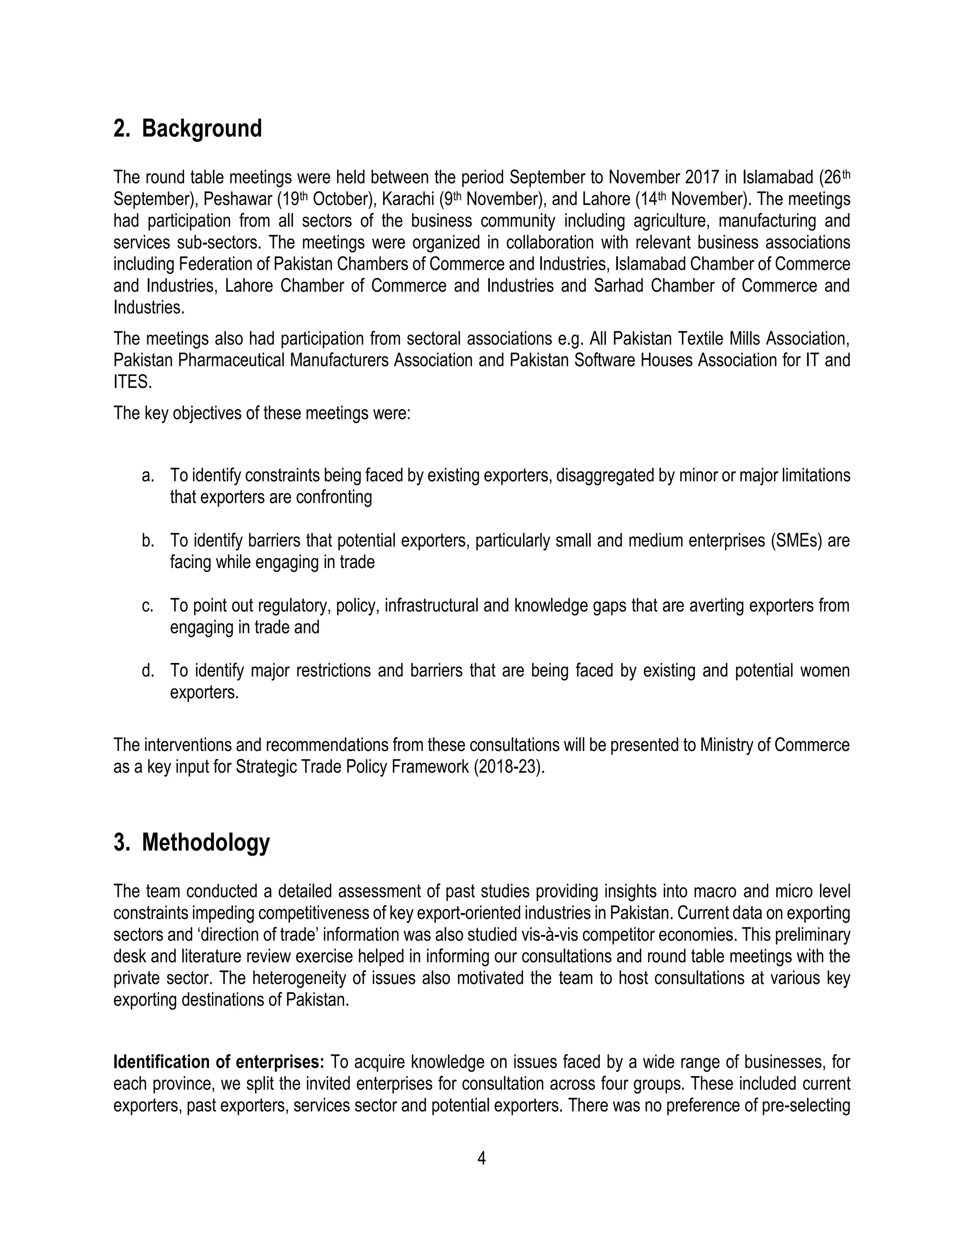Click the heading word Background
[x=201, y=129]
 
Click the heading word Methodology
[x=206, y=843]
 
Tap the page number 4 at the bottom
[x=482, y=1159]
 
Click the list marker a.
[x=148, y=476]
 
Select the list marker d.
[x=148, y=671]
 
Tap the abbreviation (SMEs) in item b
[x=795, y=541]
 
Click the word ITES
[x=132, y=382]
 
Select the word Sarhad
[x=619, y=286]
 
